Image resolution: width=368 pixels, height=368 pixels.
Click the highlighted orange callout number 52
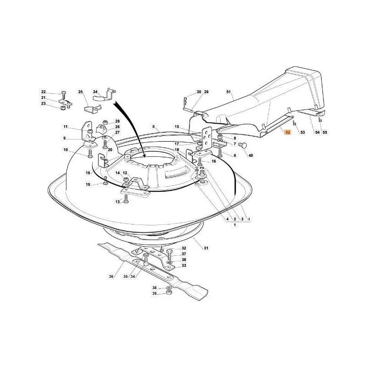[287, 132]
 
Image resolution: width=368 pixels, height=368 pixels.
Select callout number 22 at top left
[43, 92]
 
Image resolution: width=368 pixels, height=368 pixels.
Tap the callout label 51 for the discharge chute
[228, 92]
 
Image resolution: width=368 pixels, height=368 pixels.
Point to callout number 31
[206, 248]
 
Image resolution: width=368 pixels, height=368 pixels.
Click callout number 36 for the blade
[111, 276]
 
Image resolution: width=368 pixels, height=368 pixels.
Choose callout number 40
[251, 155]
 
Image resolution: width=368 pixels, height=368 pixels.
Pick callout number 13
[118, 202]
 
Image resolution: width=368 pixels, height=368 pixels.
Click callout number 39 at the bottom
[154, 293]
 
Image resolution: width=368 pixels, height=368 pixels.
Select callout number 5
[154, 127]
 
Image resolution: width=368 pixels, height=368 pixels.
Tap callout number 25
[80, 92]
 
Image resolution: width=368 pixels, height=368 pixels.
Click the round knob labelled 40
[243, 145]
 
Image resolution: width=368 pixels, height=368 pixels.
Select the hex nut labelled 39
[168, 293]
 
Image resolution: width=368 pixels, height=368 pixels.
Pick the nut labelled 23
[63, 108]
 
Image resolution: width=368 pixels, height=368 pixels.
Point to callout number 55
[325, 132]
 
